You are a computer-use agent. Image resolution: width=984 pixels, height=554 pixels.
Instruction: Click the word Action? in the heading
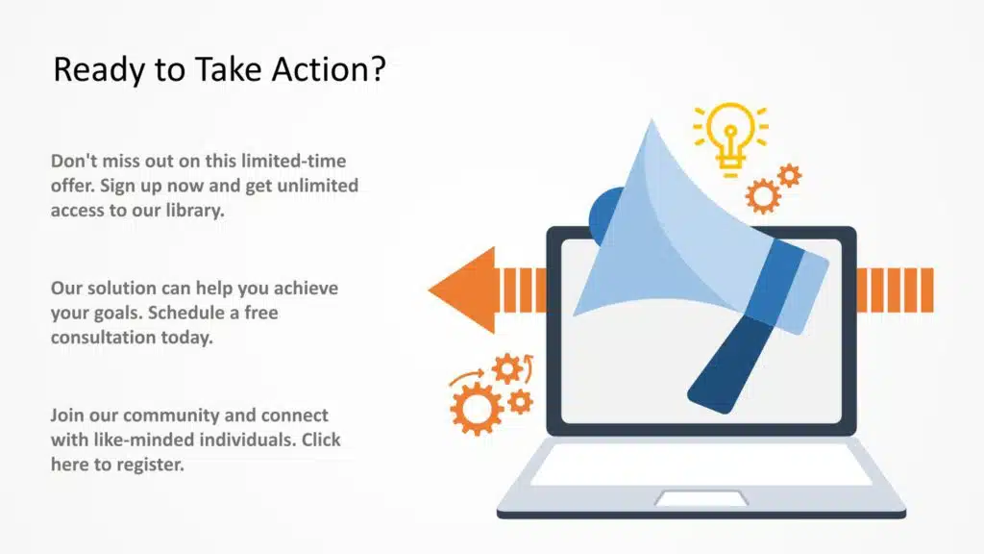click(x=329, y=68)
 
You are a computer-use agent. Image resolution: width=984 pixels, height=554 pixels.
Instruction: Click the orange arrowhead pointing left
click(x=462, y=290)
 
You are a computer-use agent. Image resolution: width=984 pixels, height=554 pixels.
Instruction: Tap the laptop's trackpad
click(x=701, y=498)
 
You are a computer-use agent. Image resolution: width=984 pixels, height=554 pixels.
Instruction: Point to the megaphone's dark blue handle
click(x=730, y=365)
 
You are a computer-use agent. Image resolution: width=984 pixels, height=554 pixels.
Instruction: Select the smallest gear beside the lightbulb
click(x=790, y=176)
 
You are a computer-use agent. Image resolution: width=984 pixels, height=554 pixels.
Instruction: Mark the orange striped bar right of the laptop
click(x=895, y=290)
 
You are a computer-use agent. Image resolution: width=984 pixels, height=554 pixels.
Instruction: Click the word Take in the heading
click(x=228, y=68)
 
